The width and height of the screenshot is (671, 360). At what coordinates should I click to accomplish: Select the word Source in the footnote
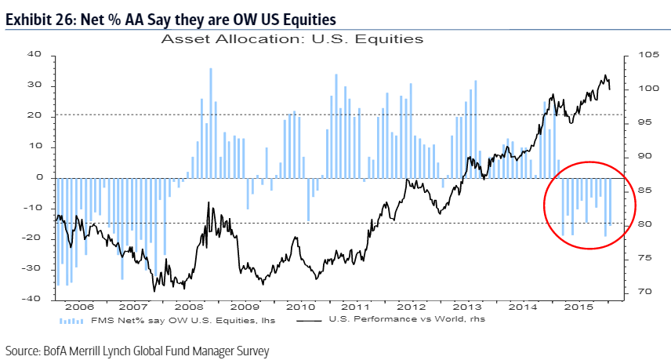click(x=22, y=351)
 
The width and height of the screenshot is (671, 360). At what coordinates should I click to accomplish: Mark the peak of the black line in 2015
click(x=604, y=75)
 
